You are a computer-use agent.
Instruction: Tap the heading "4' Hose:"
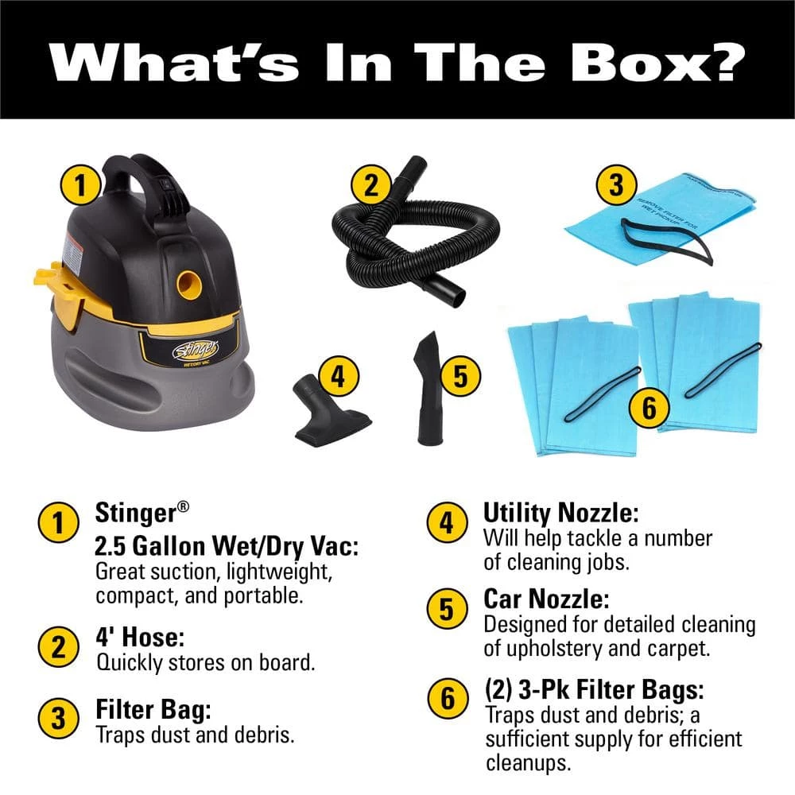coord(140,638)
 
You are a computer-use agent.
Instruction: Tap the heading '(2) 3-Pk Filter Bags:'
coord(594,688)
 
